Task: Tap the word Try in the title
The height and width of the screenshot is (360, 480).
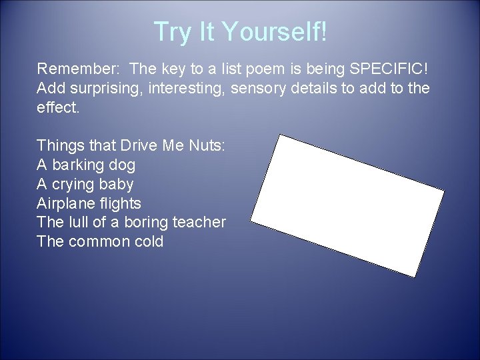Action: click(x=170, y=31)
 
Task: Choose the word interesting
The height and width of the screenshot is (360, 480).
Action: click(x=187, y=87)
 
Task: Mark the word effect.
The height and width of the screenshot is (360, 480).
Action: click(x=58, y=107)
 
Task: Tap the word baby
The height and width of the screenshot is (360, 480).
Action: click(x=119, y=184)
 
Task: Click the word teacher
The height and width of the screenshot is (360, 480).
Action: click(x=199, y=222)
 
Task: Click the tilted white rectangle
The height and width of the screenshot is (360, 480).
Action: click(x=347, y=205)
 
